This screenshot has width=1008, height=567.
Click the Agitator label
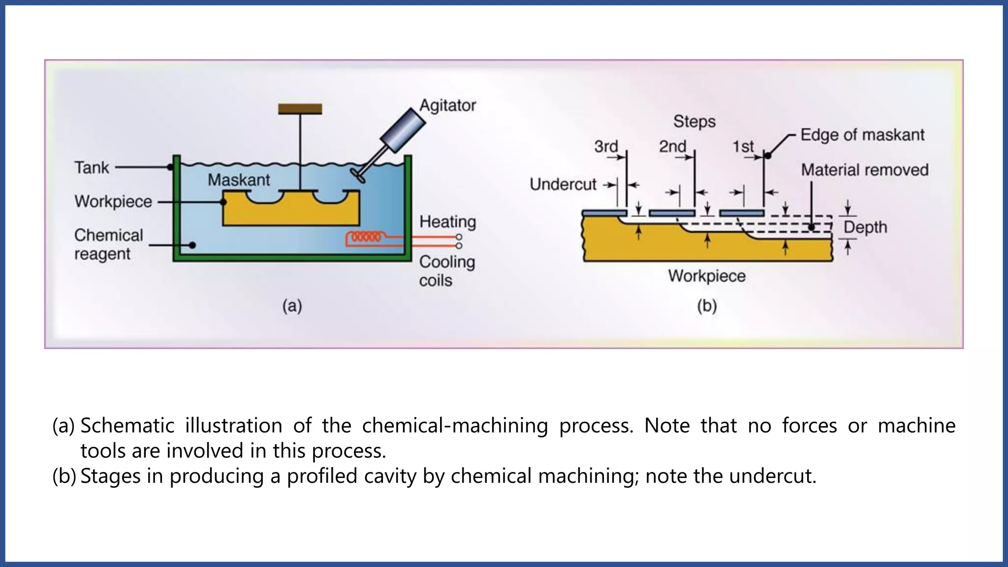(x=447, y=105)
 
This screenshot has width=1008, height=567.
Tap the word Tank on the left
(x=92, y=167)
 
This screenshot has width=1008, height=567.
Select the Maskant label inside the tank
(x=239, y=180)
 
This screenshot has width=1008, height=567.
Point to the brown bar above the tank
(x=300, y=109)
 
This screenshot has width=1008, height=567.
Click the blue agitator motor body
(x=403, y=130)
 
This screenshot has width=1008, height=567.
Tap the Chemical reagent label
(x=108, y=244)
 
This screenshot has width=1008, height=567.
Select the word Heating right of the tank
(x=447, y=221)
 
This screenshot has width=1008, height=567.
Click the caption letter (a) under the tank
(x=292, y=306)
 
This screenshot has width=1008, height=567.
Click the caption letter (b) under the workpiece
(x=707, y=306)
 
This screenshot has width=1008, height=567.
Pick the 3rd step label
(x=606, y=147)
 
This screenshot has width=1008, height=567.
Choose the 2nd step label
(x=672, y=147)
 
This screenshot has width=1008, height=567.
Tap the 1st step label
(x=743, y=147)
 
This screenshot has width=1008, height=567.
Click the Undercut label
(x=563, y=185)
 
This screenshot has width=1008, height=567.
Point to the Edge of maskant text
(x=862, y=135)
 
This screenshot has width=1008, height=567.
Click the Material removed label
(x=864, y=170)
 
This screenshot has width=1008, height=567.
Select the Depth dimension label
(x=865, y=227)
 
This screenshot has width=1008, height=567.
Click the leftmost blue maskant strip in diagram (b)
(x=604, y=213)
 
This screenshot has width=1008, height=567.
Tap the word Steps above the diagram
(x=694, y=122)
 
